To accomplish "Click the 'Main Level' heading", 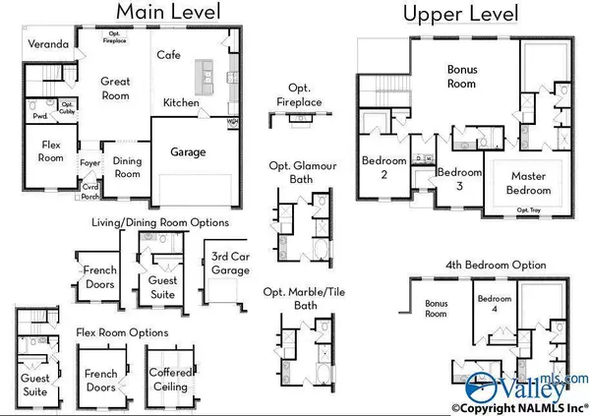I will pos(169,12).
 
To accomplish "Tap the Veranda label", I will pos(47,45).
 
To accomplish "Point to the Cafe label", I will pos(168,55).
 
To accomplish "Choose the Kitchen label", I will pos(182,102).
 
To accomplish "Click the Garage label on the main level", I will pos(188,152).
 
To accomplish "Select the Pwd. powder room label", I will pos(40,115).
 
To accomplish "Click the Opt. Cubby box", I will pos(68,106).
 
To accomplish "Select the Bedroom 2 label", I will pos(378,167).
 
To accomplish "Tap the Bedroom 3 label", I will pos(459,178).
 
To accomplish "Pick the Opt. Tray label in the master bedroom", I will pos(529,209).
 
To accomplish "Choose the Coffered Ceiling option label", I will pos(168,380).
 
